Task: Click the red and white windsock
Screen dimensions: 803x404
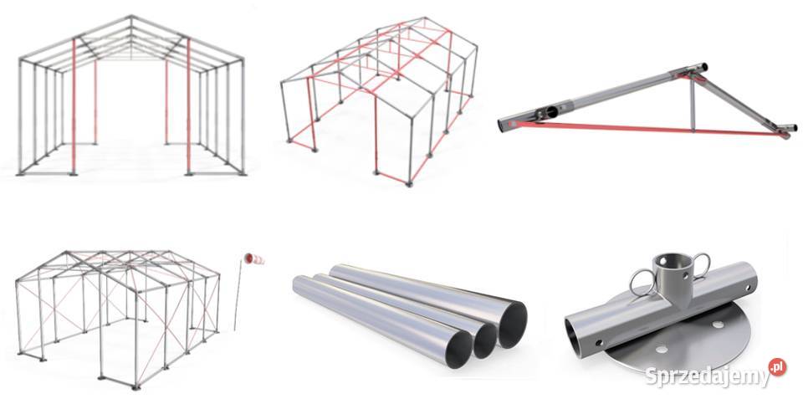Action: tap(254, 259)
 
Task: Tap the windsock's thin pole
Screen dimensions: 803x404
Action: tap(237, 295)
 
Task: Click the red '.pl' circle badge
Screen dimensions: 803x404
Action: tap(777, 366)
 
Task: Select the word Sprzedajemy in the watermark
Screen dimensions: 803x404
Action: tap(708, 377)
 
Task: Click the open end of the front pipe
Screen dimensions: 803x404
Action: tap(459, 349)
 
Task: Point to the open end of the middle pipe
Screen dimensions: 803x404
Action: tap(484, 340)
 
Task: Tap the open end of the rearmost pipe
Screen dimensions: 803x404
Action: tap(513, 325)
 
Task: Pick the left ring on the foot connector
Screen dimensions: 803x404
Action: tap(642, 282)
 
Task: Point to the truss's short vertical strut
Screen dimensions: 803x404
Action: tap(693, 105)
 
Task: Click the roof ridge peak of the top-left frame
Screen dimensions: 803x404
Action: tap(131, 17)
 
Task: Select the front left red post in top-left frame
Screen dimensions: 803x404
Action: tap(74, 106)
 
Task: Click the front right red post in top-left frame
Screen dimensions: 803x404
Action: tap(188, 106)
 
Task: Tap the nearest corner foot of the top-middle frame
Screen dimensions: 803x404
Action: tap(409, 183)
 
